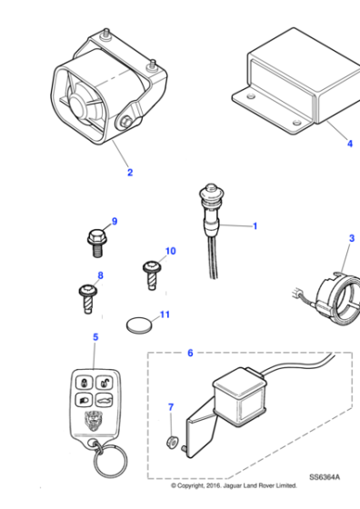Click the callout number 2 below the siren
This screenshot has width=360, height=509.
click(129, 172)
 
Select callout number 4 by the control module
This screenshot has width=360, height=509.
click(348, 143)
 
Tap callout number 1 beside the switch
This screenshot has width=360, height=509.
click(255, 225)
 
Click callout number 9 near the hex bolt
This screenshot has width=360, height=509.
click(115, 221)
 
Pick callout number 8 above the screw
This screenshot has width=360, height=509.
click(100, 274)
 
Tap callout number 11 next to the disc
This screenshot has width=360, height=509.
click(164, 315)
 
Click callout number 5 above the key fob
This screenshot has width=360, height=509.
click(95, 337)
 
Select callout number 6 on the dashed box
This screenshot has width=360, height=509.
click(189, 352)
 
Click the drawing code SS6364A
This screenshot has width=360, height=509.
click(326, 475)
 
